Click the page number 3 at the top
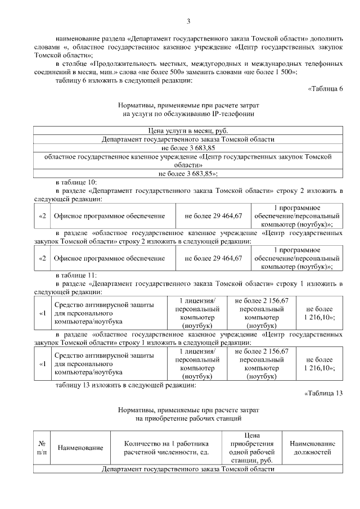point(188,21)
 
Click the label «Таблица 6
point(325,89)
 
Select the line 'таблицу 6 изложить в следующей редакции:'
point(124,80)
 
